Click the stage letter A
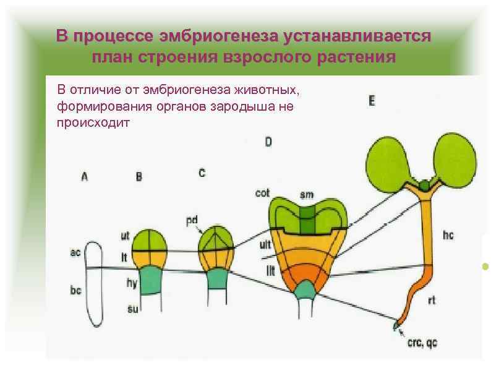tap(84, 176)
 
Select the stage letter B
tap(139, 177)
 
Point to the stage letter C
tap(202, 173)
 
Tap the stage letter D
tap(268, 142)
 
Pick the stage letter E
tap(371, 101)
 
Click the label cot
tap(262, 194)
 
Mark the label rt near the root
tap(432, 301)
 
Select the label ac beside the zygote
tap(75, 253)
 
